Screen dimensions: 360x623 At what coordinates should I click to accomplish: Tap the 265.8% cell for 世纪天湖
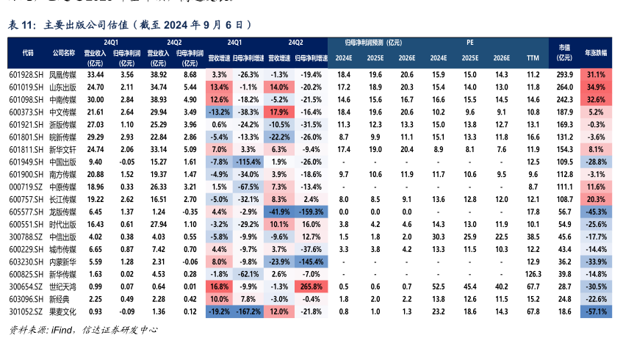pos(311,286)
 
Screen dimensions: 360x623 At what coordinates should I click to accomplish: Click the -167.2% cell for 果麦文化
pos(249,312)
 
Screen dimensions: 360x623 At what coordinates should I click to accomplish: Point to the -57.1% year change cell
pos(596,312)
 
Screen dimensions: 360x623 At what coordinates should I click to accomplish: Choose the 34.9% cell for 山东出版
pos(596,87)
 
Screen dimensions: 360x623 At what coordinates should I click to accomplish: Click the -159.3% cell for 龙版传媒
pos(311,211)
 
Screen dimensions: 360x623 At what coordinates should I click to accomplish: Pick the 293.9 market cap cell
pos(564,75)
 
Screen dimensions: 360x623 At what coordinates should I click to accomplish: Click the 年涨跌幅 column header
pos(596,53)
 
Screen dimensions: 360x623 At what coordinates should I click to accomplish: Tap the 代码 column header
pos(27,53)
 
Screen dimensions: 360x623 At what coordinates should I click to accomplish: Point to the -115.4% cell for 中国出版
pos(249,162)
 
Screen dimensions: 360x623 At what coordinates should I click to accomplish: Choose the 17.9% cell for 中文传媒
pos(279,112)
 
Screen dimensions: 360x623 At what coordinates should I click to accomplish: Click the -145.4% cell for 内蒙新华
pos(311,261)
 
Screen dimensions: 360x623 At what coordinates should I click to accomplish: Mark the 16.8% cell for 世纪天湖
pos(219,286)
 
